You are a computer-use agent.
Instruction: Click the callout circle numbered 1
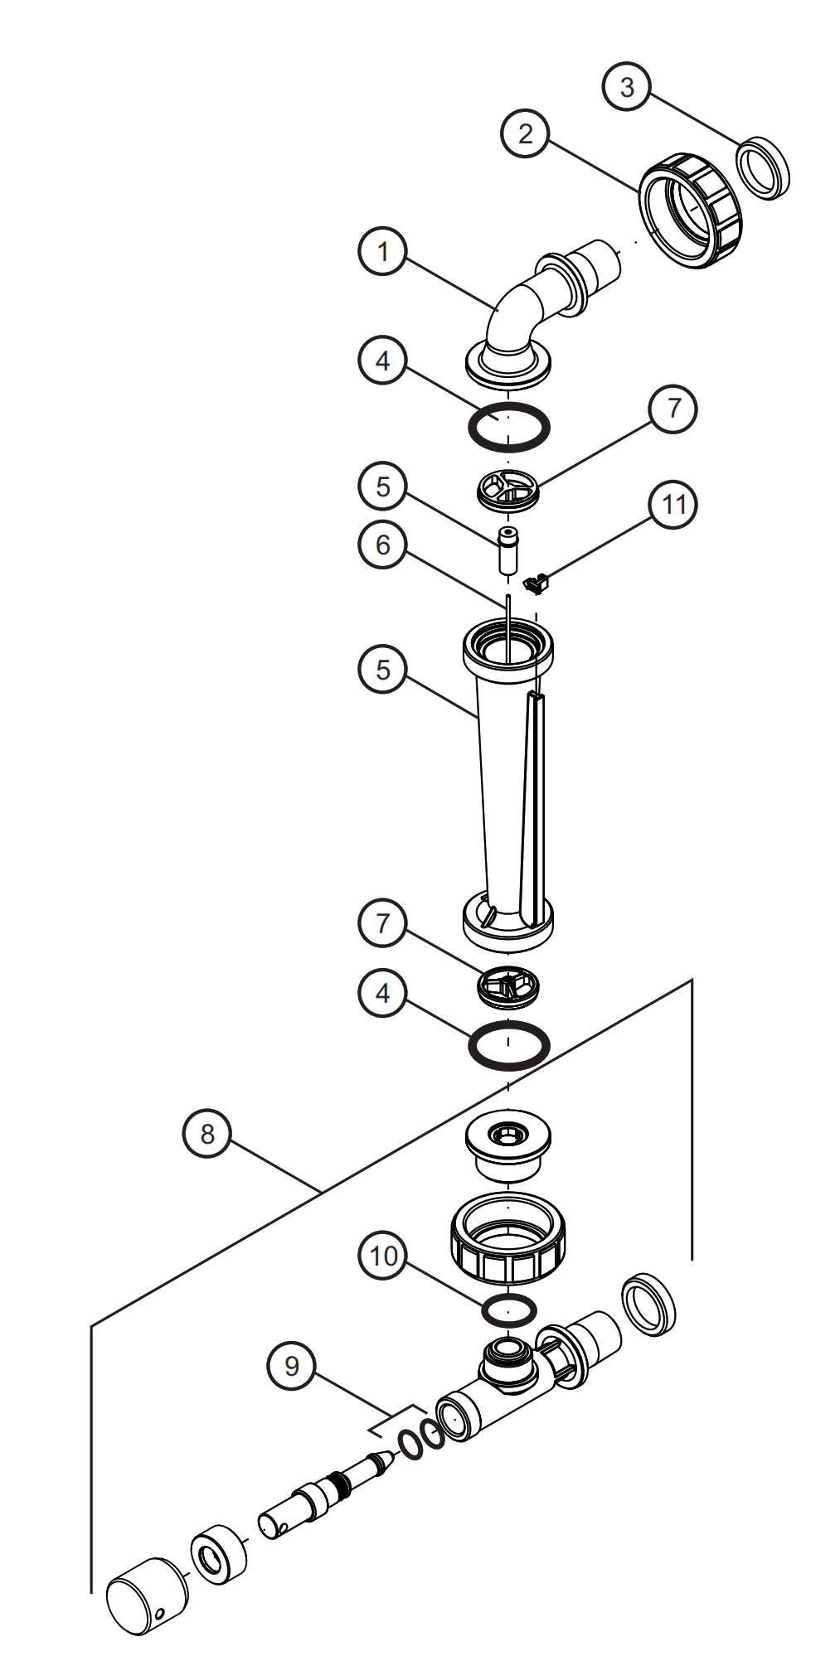click(x=382, y=251)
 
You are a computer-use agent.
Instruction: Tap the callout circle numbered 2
click(x=526, y=134)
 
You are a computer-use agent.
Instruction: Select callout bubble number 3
click(x=627, y=86)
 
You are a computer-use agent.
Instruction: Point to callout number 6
click(x=382, y=545)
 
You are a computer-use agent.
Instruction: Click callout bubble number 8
click(x=207, y=1134)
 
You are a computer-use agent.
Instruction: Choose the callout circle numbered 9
click(x=291, y=1365)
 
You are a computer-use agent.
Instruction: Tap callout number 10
click(x=384, y=1256)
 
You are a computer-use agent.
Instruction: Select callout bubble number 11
click(x=673, y=503)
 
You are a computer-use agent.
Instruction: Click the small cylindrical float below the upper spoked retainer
click(x=507, y=548)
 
